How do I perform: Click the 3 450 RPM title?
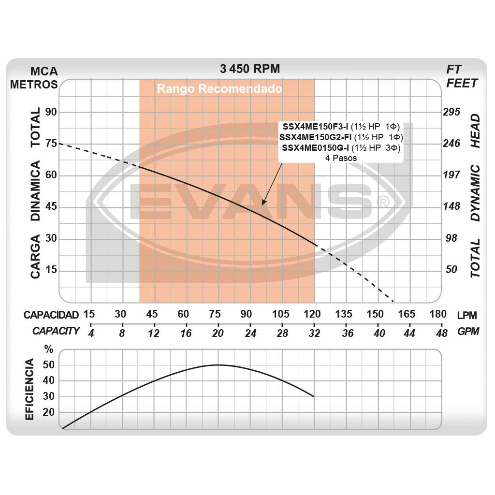tap(249, 69)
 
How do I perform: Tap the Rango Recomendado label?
tap(219, 89)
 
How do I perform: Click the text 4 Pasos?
tap(341, 158)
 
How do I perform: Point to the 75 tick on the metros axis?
tap(51, 144)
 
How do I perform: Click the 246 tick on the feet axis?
tap(452, 144)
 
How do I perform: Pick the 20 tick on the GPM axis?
tap(218, 334)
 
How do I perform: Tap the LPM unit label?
tap(467, 315)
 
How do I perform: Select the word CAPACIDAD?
tap(51, 315)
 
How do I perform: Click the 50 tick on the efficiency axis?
tap(48, 365)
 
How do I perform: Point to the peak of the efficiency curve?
tap(218, 365)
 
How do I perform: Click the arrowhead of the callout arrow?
tap(263, 204)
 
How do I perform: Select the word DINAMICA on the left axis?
tap(36, 191)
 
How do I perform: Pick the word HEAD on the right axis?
tap(476, 131)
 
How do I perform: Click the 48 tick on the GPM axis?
tap(441, 334)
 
